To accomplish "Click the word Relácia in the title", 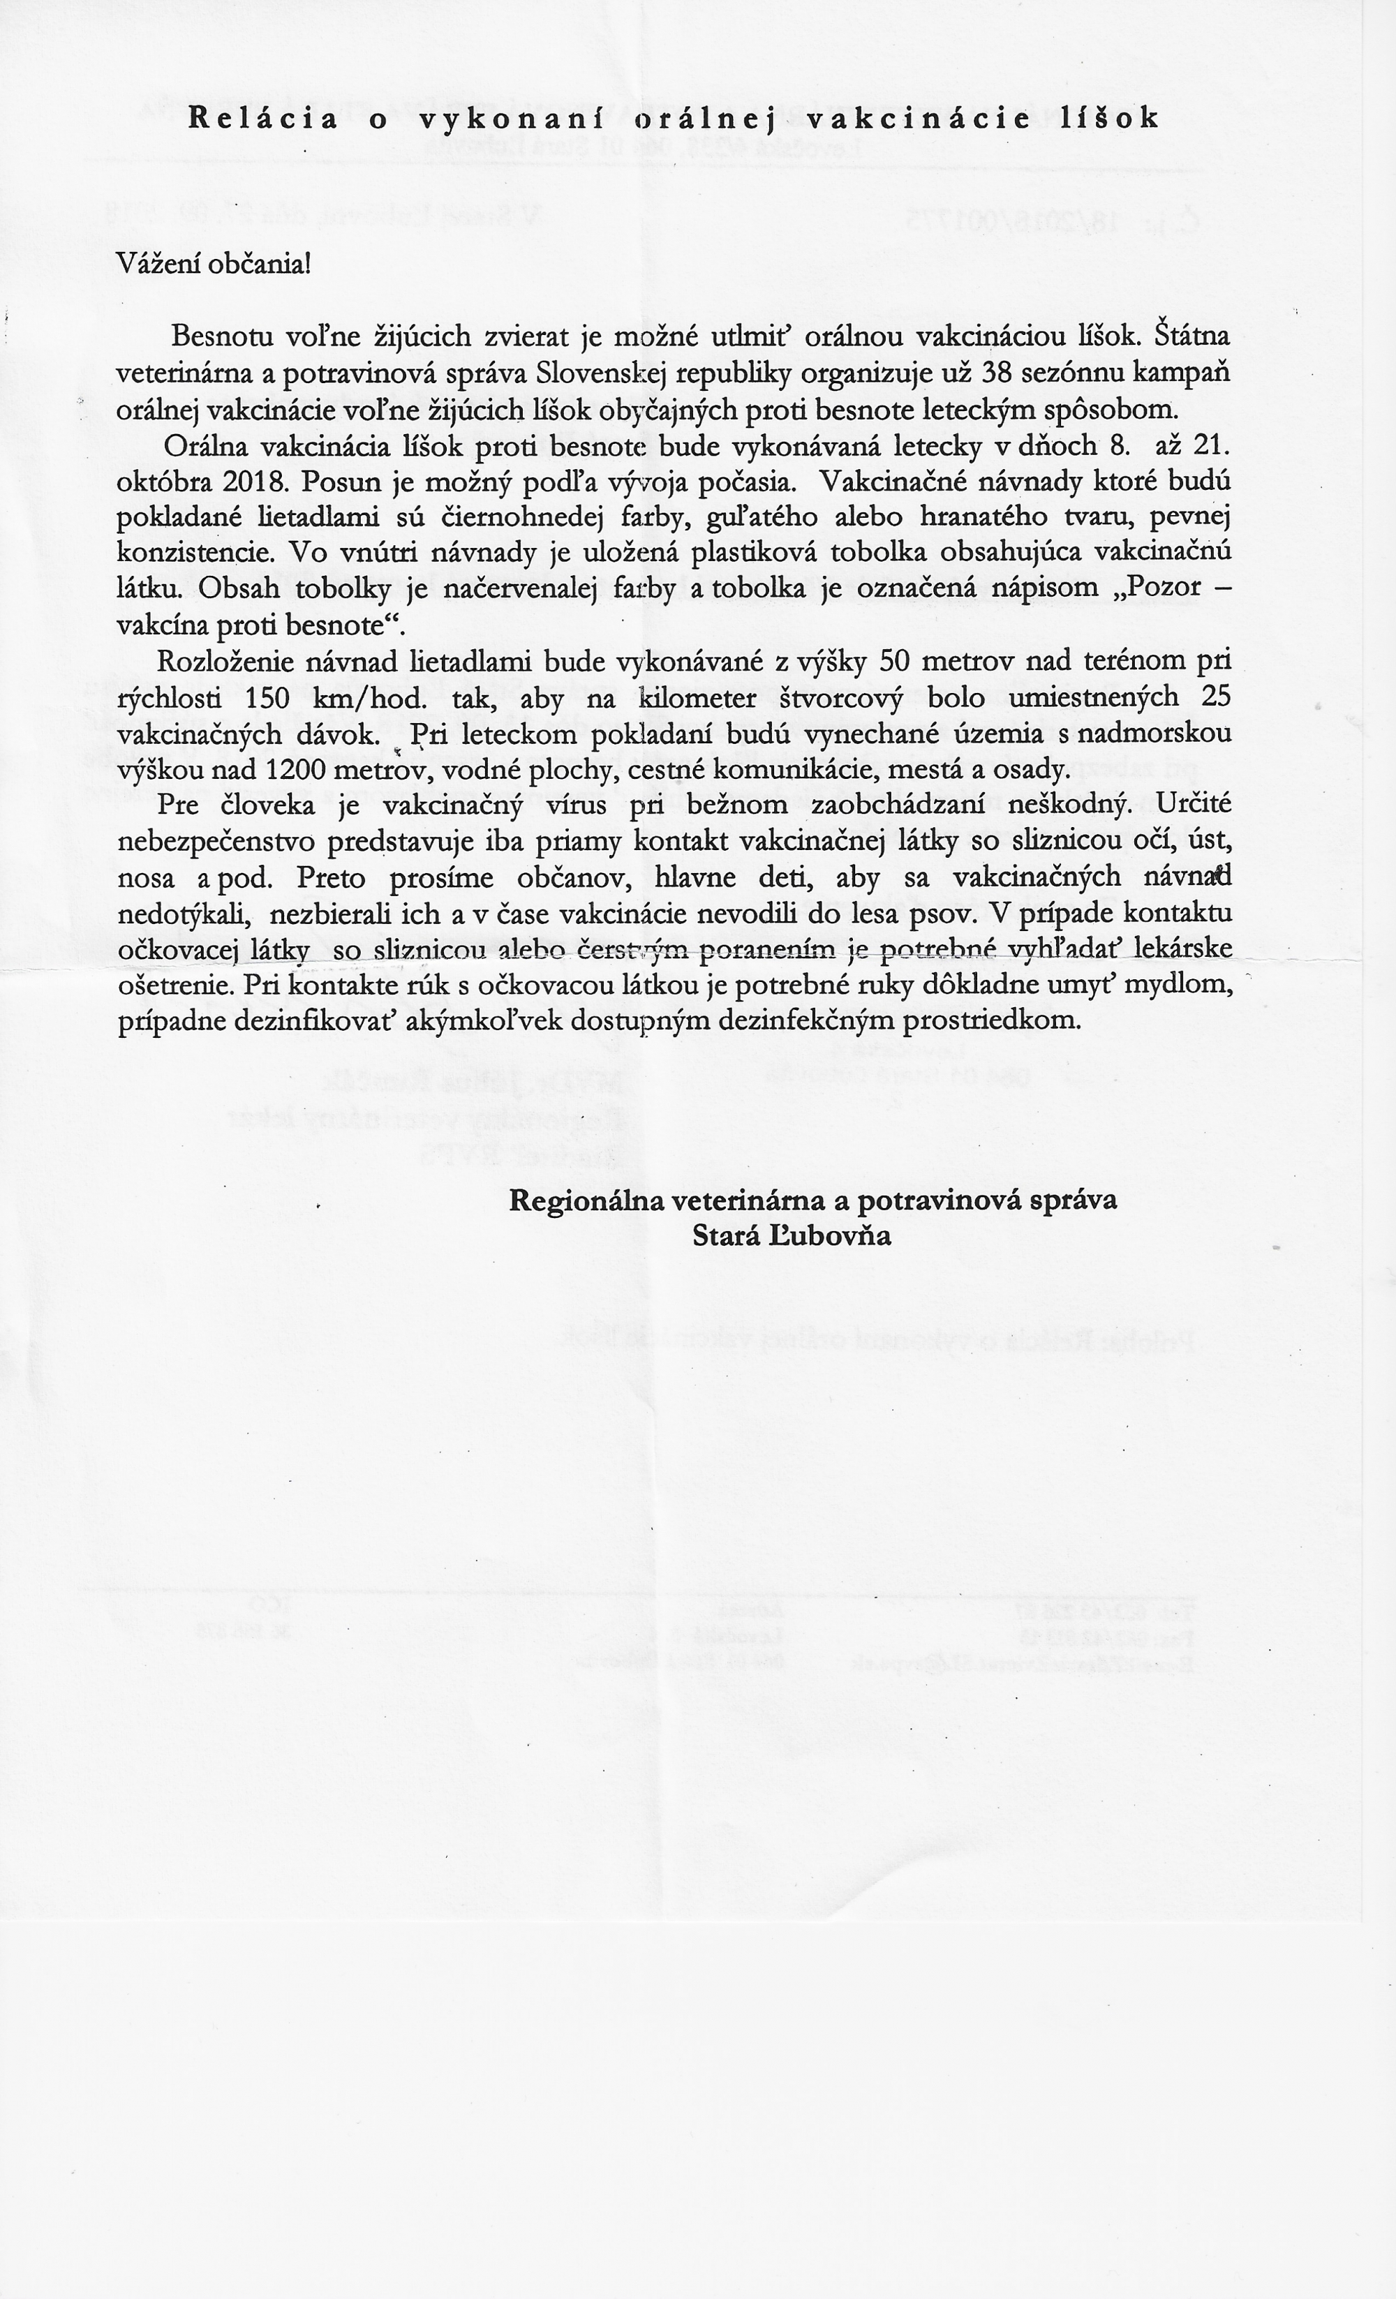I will coord(262,119).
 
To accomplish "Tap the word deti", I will coord(769,877).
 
